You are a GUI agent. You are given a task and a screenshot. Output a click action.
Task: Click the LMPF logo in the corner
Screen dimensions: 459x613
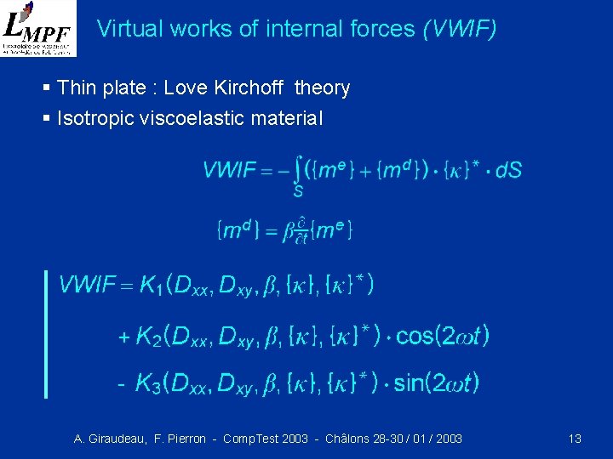pyautogui.click(x=37, y=28)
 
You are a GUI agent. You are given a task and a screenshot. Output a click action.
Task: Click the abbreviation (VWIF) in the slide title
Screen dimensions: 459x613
pyautogui.click(x=459, y=30)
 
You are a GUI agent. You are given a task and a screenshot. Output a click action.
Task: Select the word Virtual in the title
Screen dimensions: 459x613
pyautogui.click(x=125, y=30)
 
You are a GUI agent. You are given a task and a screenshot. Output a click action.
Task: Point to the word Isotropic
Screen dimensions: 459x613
pyautogui.click(x=94, y=118)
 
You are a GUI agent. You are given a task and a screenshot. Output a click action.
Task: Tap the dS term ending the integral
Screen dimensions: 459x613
pyautogui.click(x=508, y=170)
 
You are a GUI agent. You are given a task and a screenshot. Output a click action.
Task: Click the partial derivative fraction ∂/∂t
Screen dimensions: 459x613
pyautogui.click(x=301, y=230)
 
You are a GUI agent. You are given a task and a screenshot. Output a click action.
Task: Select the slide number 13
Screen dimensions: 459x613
pyautogui.click(x=575, y=439)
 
